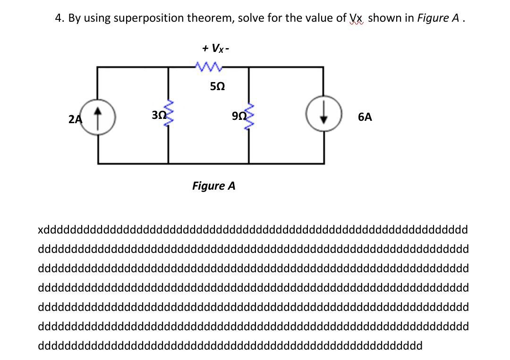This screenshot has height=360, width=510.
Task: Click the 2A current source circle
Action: [98, 117]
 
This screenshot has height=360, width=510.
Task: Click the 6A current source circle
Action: [323, 117]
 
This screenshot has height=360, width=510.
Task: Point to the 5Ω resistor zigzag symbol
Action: [209, 67]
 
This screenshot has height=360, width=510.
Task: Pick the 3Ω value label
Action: [158, 114]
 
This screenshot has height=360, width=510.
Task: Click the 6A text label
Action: [365, 117]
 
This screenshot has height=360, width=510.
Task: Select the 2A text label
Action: [75, 119]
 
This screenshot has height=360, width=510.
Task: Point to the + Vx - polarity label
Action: [216, 48]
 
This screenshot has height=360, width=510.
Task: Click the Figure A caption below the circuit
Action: [213, 185]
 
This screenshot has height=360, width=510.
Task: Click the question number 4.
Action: [59, 18]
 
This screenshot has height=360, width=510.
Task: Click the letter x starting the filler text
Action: [41, 230]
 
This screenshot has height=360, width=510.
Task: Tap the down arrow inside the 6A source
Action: [323, 117]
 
